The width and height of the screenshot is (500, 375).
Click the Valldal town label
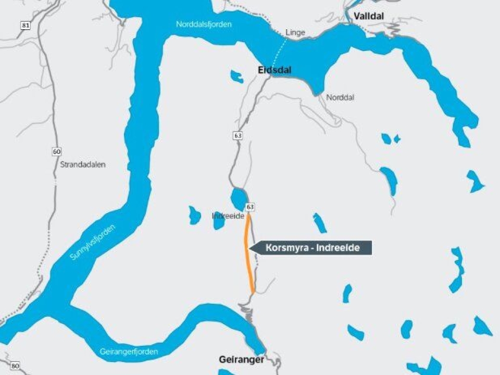368,16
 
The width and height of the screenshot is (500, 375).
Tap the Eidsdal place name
274,69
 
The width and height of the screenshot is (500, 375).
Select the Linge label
295,32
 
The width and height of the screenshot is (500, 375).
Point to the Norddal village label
340,97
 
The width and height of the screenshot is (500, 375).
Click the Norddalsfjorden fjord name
204,24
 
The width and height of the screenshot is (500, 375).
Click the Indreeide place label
228,216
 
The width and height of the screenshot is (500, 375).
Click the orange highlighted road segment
248,255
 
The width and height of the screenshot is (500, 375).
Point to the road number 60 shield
56,152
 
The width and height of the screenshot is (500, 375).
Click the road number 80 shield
15,366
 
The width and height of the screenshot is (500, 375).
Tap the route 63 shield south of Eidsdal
238,136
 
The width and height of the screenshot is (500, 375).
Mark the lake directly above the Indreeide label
239,198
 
